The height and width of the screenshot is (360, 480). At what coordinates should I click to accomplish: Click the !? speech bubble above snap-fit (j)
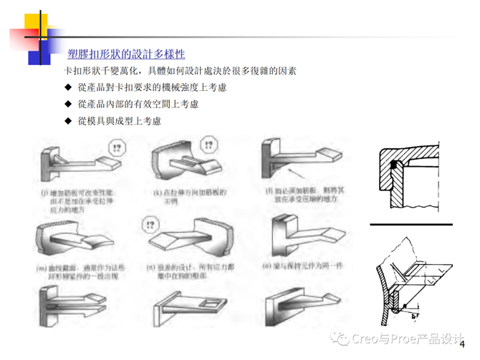(116, 148)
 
